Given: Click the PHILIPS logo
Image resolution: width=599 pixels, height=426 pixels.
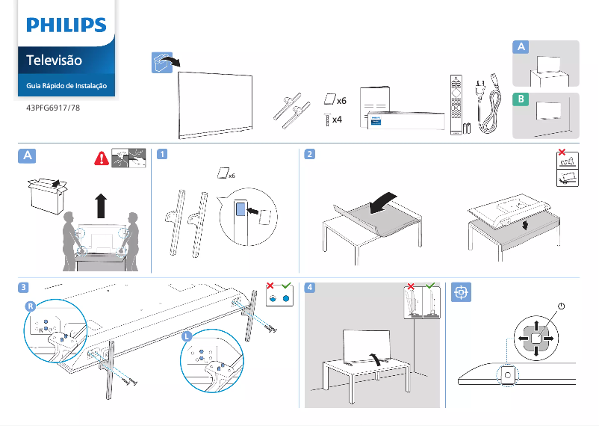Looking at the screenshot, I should [66, 25].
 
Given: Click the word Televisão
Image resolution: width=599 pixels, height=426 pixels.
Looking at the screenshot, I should [54, 60].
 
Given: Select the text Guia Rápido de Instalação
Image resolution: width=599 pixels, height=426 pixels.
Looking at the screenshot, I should [66, 86].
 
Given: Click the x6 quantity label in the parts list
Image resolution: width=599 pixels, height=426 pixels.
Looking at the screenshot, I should [341, 100].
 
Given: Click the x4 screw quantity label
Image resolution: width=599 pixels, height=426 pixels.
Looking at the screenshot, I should [337, 120].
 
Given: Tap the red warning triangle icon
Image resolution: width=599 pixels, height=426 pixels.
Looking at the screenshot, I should [101, 158].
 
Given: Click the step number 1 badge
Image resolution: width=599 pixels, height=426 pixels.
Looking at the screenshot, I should [161, 155].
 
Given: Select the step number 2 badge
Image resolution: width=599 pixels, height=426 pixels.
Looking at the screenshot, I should [309, 155].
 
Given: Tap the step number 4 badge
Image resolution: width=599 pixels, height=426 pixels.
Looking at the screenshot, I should [309, 287].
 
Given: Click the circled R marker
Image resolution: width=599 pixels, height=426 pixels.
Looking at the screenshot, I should [30, 306].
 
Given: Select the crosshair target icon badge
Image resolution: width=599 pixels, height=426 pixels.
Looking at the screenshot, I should [461, 291].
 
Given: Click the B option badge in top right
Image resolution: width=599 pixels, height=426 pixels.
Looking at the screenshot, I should [521, 99].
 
